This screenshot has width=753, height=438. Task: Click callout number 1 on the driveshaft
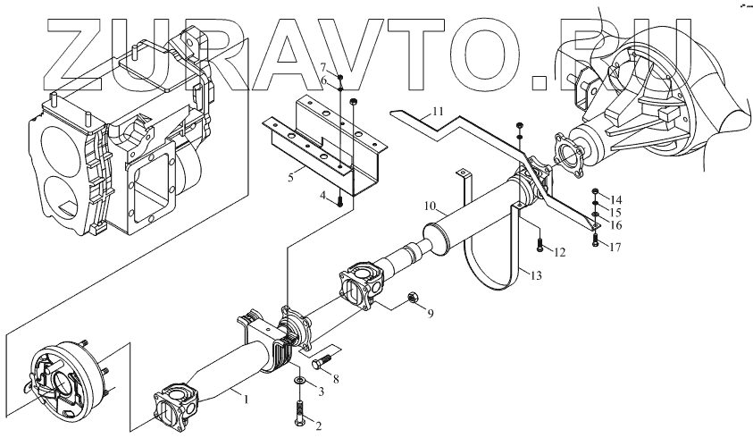click(247, 398)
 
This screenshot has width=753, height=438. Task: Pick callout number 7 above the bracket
click(325, 68)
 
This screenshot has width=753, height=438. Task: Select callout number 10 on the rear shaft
click(430, 206)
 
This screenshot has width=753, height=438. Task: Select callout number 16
click(615, 226)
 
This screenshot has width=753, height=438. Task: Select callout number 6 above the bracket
click(325, 82)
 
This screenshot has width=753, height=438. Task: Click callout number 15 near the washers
click(615, 212)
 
